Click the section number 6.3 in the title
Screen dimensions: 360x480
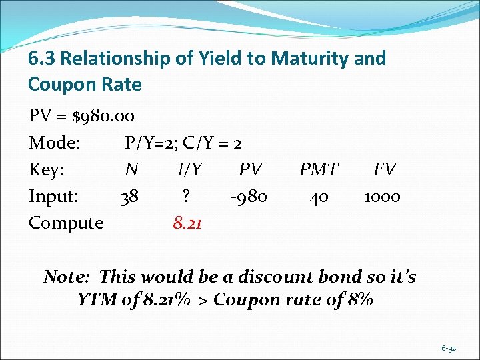tap(42, 59)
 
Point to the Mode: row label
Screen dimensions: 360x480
tap(55, 143)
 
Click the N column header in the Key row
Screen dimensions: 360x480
tap(131, 170)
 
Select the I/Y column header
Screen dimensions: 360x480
tap(189, 170)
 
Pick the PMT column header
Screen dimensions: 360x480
tap(319, 170)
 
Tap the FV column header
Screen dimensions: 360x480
tap(385, 170)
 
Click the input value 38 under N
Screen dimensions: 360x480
tap(129, 197)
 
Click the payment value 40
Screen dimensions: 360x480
tap(319, 197)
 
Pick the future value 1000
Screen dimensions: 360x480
tap(382, 197)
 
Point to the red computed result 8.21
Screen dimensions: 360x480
tap(188, 223)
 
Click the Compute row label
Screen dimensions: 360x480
tap(65, 223)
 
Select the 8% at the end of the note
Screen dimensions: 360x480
tap(359, 300)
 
